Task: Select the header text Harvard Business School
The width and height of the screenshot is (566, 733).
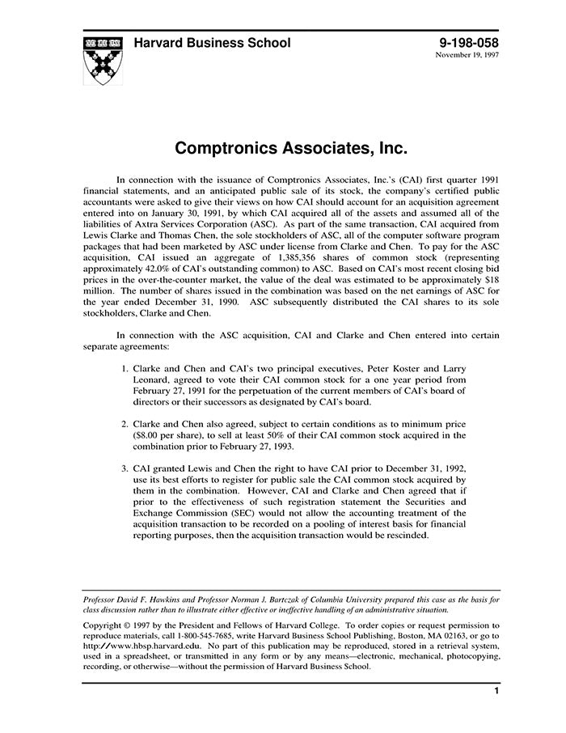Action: tap(211, 43)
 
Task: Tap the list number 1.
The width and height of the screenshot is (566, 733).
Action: tap(125, 366)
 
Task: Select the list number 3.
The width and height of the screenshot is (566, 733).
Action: tap(125, 468)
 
